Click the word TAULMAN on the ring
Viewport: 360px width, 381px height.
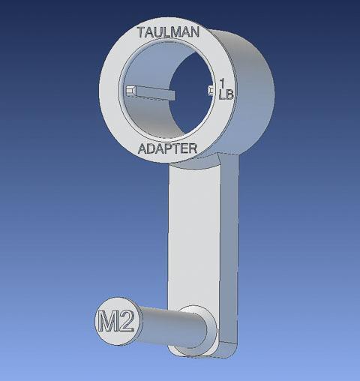166,33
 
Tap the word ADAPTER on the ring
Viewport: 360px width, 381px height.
168,148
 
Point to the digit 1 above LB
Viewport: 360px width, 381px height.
224,83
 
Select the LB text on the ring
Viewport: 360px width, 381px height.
225,94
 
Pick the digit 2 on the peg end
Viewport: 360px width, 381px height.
126,322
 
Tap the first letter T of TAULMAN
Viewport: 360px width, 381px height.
142,33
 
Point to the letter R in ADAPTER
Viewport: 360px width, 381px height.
192,148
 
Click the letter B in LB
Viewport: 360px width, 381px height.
229,94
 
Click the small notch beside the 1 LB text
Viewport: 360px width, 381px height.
210,91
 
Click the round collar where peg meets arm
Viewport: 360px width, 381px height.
199,327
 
